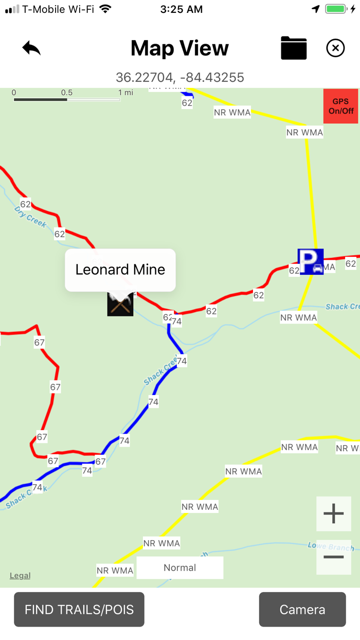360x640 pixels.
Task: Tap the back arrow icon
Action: [x=31, y=48]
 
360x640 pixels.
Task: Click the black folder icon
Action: [x=294, y=48]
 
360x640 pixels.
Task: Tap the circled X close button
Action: [x=335, y=48]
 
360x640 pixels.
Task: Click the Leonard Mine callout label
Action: [x=120, y=270]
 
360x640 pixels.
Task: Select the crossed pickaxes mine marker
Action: [x=120, y=303]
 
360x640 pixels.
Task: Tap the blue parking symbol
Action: [x=311, y=262]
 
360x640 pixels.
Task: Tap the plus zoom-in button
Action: [x=334, y=513]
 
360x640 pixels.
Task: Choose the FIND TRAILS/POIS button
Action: [x=79, y=610]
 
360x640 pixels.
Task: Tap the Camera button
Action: [x=302, y=610]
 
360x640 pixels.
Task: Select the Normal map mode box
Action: [x=180, y=567]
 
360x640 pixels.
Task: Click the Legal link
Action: [x=20, y=576]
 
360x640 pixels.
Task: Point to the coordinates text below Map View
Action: [x=180, y=78]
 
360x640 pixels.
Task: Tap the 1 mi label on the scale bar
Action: [x=125, y=93]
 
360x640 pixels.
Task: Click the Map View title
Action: [x=180, y=48]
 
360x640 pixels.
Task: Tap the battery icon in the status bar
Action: [x=336, y=9]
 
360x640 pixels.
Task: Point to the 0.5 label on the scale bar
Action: [x=67, y=93]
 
